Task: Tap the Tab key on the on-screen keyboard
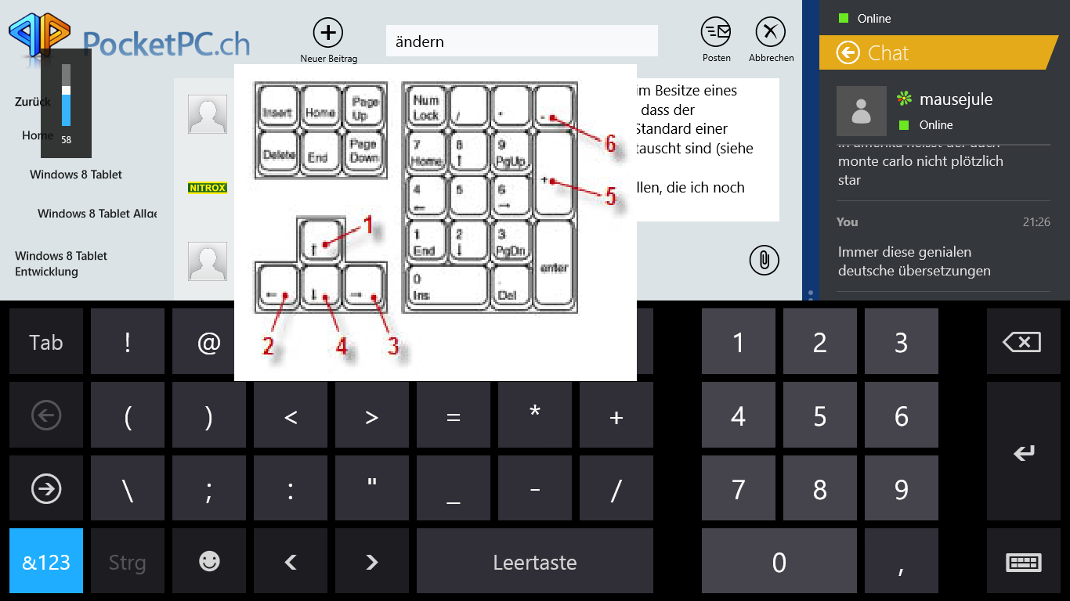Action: pos(46,342)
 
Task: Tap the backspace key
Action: pos(1022,342)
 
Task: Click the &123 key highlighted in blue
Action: pos(46,562)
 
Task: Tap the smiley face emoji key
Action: pos(209,561)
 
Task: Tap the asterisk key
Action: pos(535,414)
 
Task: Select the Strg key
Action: pos(128,562)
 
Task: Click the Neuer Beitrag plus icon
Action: pos(328,33)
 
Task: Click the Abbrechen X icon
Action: pos(770,32)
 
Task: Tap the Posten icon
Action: pos(716,32)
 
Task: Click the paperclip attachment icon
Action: pos(763,260)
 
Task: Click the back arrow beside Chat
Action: pos(848,52)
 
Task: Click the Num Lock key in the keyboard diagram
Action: pos(426,106)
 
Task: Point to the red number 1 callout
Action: pos(367,226)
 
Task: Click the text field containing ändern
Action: pos(522,41)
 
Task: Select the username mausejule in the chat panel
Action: pos(956,99)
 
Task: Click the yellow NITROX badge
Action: pos(208,188)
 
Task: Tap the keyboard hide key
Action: pos(1023,562)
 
